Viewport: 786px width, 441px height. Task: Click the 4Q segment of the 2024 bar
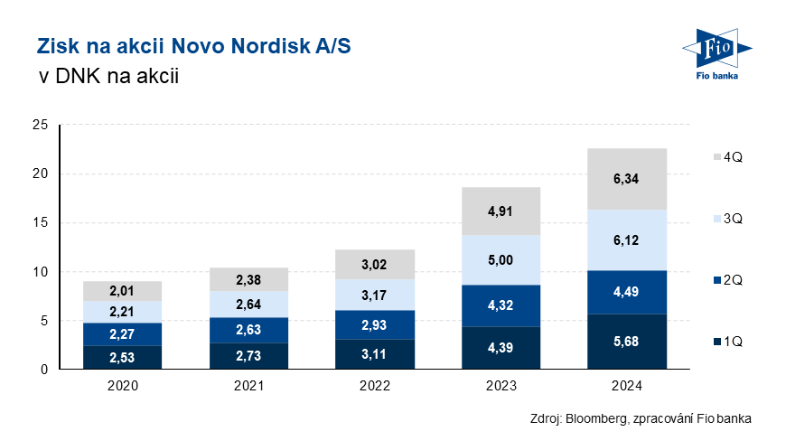(627, 179)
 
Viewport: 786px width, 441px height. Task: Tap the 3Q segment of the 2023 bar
(501, 260)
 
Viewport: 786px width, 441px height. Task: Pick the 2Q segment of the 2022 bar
(374, 324)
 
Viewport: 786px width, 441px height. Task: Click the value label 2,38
(248, 279)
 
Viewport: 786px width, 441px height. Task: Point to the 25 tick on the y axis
(41, 125)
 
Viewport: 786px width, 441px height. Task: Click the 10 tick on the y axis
(41, 272)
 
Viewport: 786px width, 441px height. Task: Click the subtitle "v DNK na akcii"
(107, 78)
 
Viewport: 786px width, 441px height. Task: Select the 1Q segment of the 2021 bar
(248, 356)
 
